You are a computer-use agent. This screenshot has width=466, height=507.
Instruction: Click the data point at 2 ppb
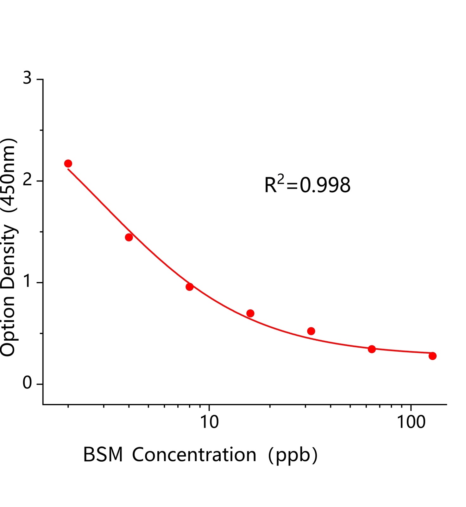[x=68, y=164]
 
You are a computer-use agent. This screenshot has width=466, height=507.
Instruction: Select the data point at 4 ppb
[x=129, y=237]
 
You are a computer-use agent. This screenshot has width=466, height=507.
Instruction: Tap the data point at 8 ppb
[x=190, y=287]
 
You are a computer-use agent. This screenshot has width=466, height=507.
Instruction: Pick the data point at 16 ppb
[x=250, y=313]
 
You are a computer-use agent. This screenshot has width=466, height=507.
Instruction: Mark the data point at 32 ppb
[x=311, y=331]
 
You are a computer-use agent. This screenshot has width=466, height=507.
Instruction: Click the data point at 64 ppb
[x=372, y=349]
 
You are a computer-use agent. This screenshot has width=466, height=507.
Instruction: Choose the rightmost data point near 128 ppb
[x=433, y=356]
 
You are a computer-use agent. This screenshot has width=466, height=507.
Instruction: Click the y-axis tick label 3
[x=27, y=78]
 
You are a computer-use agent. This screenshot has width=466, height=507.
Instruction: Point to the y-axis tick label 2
[x=27, y=180]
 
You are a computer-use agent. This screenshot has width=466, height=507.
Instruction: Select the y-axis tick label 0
[x=27, y=383]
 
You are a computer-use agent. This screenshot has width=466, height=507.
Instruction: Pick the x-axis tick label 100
[x=411, y=422]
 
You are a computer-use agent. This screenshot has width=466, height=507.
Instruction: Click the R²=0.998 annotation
[x=307, y=185]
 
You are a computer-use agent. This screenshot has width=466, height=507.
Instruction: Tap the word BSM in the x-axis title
[x=103, y=455]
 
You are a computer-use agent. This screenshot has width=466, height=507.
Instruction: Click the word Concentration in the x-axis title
[x=194, y=455]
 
